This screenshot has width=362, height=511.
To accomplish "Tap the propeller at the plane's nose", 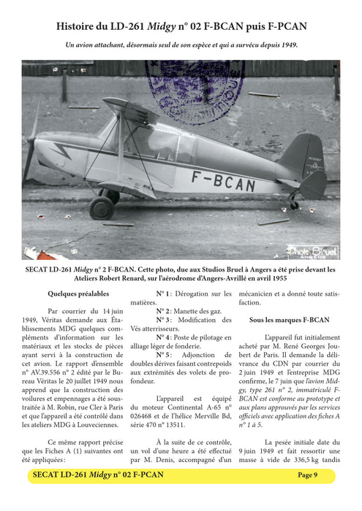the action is (x=31, y=150).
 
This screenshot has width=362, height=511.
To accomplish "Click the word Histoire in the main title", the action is (x=80, y=27).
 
